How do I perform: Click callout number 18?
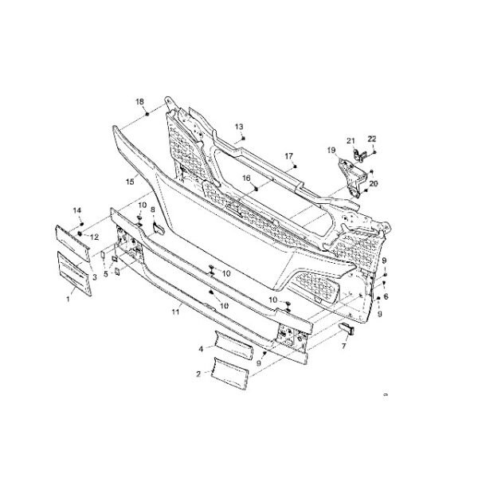pos(139,102)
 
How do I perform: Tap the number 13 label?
pos(238,127)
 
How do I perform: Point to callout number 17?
pos(288,155)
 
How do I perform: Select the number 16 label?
pos(246,178)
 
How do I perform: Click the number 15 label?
pos(129,182)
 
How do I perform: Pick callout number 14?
pos(78,210)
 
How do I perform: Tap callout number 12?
pos(93,237)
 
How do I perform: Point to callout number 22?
pos(372,139)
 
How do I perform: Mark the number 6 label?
pos(386,296)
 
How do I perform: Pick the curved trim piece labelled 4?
pos(231,347)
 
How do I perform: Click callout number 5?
pos(104,272)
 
